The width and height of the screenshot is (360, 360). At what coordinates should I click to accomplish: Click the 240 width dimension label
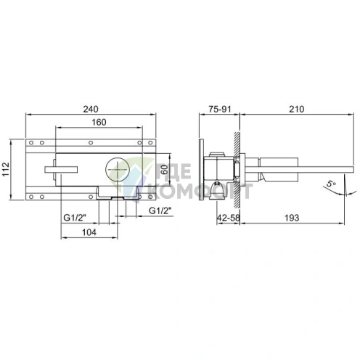coord(91,109)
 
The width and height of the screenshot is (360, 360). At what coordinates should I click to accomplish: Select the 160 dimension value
coord(99,122)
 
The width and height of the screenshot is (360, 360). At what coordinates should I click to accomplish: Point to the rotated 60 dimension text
coord(164,169)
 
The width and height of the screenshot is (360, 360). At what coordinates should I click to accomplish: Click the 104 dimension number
coord(89,232)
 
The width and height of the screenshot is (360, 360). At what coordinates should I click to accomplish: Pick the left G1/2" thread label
coord(75,218)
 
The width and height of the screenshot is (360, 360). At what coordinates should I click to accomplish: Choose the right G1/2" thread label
coord(160,210)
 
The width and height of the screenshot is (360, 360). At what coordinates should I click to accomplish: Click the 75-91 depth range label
coord(220,109)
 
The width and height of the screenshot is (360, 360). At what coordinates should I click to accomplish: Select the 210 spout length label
coord(297,109)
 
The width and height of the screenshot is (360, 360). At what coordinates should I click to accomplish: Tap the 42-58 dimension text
coord(229,218)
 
